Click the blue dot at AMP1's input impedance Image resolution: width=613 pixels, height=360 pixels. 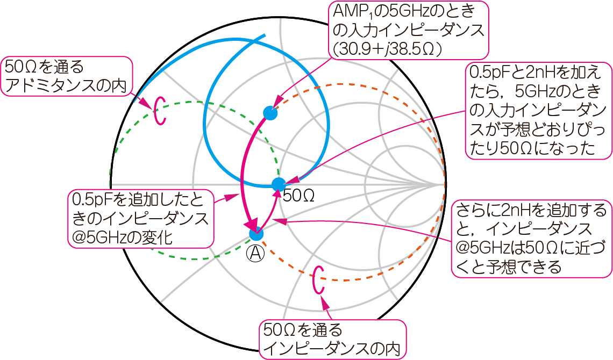pyautogui.click(x=270, y=113)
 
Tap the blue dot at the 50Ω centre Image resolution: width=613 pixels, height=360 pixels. pyautogui.click(x=277, y=184)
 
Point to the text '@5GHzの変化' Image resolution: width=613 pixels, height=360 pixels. pyautogui.click(x=122, y=237)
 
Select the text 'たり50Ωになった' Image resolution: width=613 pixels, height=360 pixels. pyautogui.click(x=532, y=149)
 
